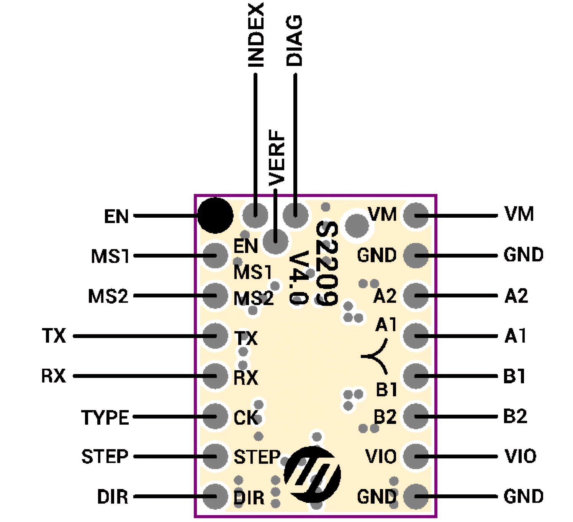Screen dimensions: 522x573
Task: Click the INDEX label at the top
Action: [256, 35]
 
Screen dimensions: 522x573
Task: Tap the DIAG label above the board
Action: [295, 41]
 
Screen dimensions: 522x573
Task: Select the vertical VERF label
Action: [277, 158]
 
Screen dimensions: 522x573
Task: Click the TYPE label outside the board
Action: [105, 417]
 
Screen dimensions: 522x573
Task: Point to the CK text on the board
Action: [246, 417]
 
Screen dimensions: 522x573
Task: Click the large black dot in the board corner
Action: [215, 215]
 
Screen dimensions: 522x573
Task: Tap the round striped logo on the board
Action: [312, 474]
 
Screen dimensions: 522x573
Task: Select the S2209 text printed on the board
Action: [327, 264]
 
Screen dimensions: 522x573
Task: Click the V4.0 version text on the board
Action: [299, 278]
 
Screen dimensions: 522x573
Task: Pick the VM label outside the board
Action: [519, 214]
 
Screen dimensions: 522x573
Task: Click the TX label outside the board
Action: [54, 336]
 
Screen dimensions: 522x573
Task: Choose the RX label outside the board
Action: [54, 376]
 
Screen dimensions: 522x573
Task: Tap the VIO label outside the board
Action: [521, 456]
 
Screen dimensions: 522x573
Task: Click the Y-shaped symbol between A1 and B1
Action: [376, 356]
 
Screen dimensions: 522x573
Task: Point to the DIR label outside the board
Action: [113, 497]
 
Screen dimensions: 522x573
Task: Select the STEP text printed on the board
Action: [257, 457]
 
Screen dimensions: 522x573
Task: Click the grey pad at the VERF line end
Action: [275, 241]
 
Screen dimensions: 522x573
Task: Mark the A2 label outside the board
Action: [516, 296]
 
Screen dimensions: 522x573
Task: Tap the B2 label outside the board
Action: [515, 416]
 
